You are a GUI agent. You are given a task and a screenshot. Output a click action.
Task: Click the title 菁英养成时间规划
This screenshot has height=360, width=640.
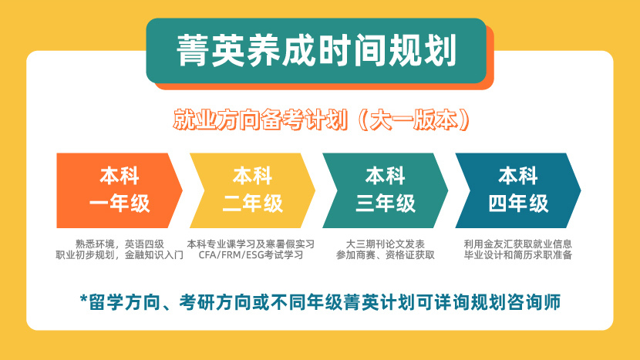click(x=316, y=50)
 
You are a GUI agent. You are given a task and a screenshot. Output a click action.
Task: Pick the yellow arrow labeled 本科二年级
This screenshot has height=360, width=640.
click(x=251, y=190)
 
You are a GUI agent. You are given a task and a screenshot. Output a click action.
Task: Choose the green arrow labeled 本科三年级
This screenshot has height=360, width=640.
click(x=384, y=190)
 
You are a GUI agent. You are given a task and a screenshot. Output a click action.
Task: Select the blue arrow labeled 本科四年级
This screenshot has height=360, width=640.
click(x=517, y=190)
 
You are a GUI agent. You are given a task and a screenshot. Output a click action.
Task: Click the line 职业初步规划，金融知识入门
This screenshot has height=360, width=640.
click(x=120, y=255)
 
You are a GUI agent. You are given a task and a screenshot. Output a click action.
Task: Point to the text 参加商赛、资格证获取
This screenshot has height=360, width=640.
click(x=385, y=255)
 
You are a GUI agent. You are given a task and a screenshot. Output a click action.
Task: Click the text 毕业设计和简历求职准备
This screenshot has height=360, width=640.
click(x=518, y=255)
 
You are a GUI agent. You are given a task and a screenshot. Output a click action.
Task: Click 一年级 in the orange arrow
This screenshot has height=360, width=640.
click(x=120, y=204)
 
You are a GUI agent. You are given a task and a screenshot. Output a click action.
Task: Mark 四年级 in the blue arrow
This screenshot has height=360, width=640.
click(x=518, y=204)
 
